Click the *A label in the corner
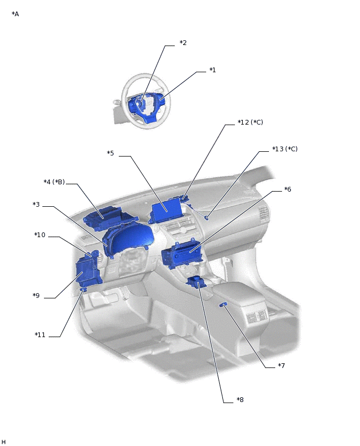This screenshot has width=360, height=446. click(15, 14)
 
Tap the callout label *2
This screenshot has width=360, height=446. click(183, 43)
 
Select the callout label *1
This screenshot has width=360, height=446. click(212, 70)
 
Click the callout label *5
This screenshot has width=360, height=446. click(110, 153)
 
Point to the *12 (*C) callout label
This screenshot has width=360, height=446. click(250, 122)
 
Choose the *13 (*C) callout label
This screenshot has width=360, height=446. click(285, 149)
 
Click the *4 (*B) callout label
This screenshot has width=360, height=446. click(54, 182)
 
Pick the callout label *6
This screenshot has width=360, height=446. click(287, 189)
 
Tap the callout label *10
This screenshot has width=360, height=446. click(40, 235)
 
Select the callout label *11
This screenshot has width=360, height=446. click(40, 335)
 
